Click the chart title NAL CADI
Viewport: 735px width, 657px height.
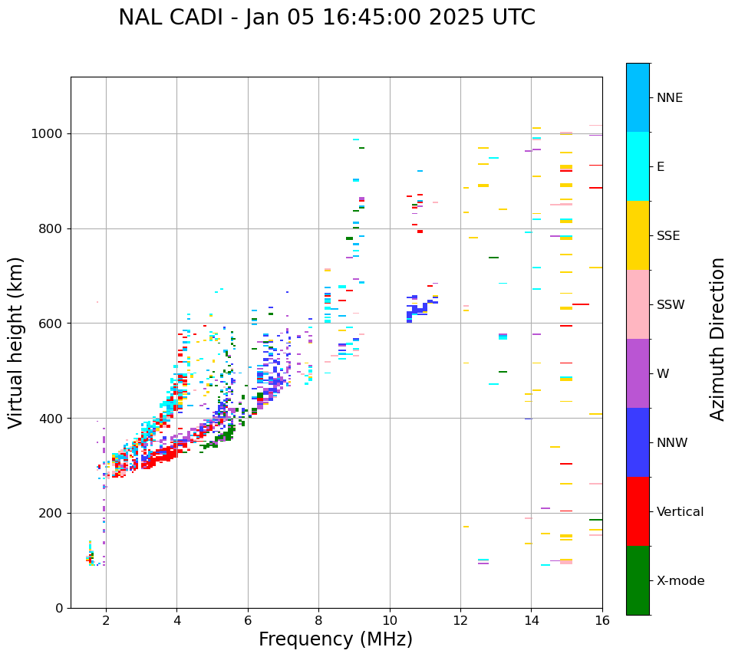(327, 18)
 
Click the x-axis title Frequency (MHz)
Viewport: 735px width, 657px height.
(335, 639)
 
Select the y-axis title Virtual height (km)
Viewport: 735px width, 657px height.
(16, 342)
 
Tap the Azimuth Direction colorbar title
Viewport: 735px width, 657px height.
(717, 339)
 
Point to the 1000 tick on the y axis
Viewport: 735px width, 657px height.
(48, 134)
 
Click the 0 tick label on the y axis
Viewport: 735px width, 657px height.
(61, 608)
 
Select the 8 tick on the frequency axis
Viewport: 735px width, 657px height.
(318, 619)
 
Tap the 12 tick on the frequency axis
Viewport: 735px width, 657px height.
(460, 619)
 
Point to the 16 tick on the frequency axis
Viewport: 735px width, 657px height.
(602, 619)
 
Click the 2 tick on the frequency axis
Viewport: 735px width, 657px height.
(106, 619)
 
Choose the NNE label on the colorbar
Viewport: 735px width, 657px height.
(669, 98)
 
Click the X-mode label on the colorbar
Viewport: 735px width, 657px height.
(680, 581)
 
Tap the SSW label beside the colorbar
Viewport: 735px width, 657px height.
(671, 305)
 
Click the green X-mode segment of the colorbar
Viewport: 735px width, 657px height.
(638, 580)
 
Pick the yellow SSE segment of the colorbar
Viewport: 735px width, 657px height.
(638, 235)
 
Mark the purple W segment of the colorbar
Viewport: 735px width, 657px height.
(638, 373)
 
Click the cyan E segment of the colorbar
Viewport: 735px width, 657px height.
(638, 166)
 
